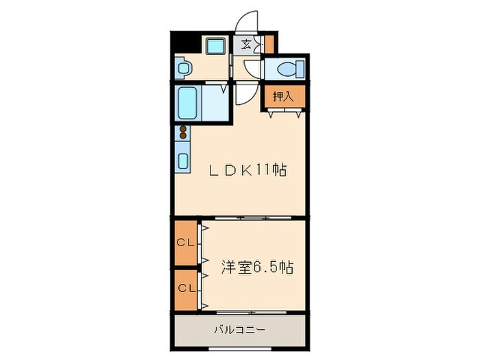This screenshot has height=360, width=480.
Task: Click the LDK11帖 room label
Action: (x=247, y=169)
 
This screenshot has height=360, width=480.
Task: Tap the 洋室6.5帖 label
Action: (x=256, y=267)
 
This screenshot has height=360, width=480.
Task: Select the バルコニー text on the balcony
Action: (x=237, y=331)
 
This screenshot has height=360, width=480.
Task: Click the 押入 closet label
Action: (x=283, y=97)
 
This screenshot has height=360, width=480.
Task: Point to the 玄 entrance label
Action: (x=245, y=45)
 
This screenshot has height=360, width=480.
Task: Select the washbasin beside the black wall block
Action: (x=183, y=67)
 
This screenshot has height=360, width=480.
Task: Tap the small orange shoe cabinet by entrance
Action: (x=269, y=44)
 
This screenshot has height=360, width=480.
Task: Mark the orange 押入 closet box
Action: (x=283, y=97)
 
